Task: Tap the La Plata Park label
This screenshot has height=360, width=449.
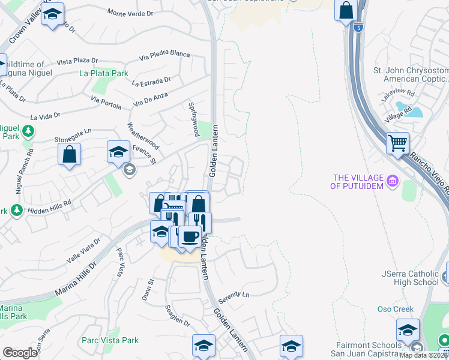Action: [x=104, y=74]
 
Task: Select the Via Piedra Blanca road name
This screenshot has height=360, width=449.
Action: [x=164, y=55]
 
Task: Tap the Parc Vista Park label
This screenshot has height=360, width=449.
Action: [x=110, y=340]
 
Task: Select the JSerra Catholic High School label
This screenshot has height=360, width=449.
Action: [x=411, y=278]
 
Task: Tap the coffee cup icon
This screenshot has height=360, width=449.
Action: [x=190, y=236]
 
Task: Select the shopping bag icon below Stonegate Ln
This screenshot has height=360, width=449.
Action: [x=70, y=154]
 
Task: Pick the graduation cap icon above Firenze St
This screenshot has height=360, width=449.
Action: [x=118, y=151]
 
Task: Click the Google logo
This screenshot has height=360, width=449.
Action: [x=20, y=353]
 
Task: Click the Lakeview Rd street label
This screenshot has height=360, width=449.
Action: [x=402, y=94]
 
